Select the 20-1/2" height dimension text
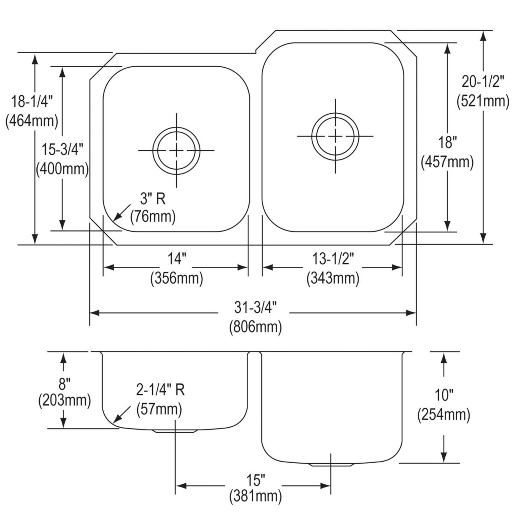(x=482, y=82)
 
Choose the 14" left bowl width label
(x=176, y=260)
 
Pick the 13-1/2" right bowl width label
(x=333, y=260)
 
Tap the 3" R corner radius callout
(x=153, y=198)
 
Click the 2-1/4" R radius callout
(x=160, y=389)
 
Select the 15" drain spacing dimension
(x=255, y=479)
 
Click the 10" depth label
(x=443, y=396)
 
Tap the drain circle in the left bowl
(x=176, y=150)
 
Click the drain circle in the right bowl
(x=335, y=136)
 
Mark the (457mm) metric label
(x=447, y=162)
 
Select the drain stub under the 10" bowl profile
(x=331, y=465)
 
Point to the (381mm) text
(x=255, y=497)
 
